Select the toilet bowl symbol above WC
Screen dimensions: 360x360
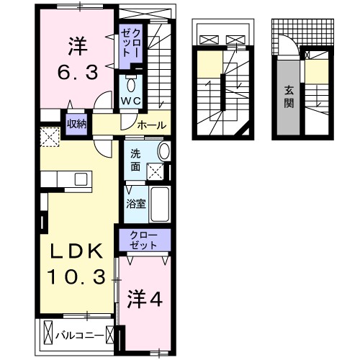(x=130, y=81)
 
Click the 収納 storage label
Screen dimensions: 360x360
(x=77, y=124)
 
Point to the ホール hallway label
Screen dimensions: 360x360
(x=151, y=125)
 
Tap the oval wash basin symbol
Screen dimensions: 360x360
(x=163, y=152)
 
